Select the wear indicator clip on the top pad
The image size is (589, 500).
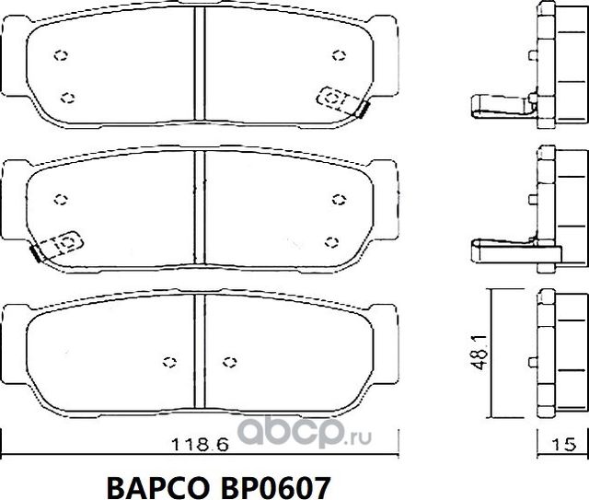pyautogui.click(x=341, y=99)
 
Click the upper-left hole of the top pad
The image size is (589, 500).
pyautogui.click(x=62, y=54)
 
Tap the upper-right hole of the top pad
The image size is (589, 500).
pyautogui.click(x=338, y=55)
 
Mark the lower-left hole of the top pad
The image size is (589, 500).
pyautogui.click(x=65, y=96)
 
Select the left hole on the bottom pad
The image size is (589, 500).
pyautogui.click(x=167, y=361)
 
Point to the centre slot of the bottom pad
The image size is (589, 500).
pyautogui.click(x=199, y=355)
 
